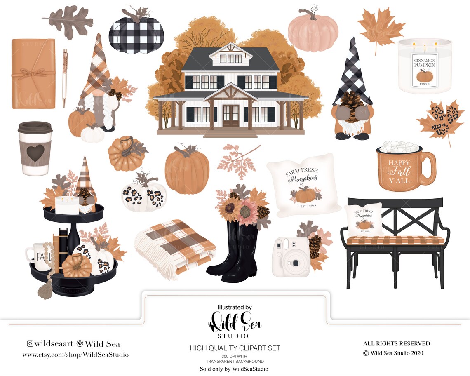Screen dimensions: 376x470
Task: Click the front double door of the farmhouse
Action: coord(230,116)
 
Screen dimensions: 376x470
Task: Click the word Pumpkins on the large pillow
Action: coord(303,179)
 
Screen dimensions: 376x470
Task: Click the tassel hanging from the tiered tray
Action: coord(44,291)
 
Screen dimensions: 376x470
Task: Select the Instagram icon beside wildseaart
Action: coord(30,344)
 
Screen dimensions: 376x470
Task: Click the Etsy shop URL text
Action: coord(75,355)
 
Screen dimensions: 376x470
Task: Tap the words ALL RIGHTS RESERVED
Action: coord(396,343)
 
